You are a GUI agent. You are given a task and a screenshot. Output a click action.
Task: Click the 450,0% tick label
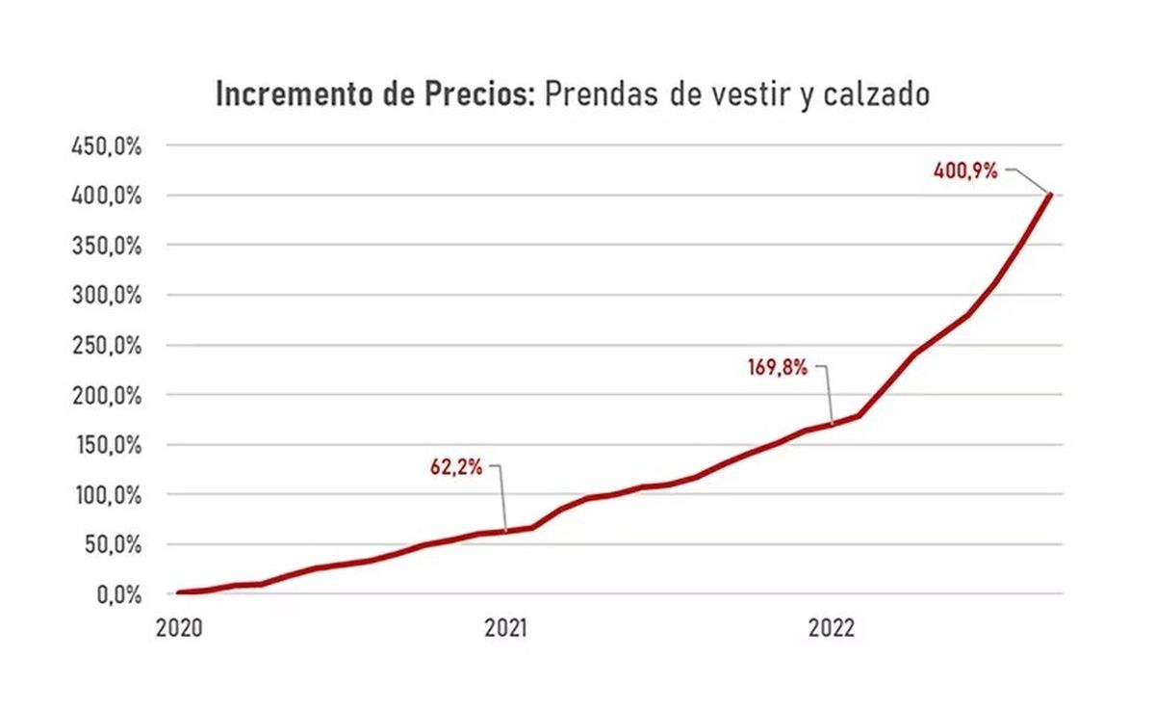click(106, 147)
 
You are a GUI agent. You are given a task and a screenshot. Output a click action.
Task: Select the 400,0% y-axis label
click(106, 197)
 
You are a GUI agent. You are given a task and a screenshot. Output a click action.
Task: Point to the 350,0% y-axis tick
click(106, 247)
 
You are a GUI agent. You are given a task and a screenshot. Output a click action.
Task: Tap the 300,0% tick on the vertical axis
click(106, 296)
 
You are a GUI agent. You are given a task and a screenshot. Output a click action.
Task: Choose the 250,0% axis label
click(106, 346)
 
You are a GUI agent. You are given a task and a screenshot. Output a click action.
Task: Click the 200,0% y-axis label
click(106, 396)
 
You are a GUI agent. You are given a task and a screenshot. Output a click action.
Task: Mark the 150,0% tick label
click(109, 445)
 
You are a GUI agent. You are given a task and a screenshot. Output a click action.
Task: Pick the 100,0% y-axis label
click(109, 495)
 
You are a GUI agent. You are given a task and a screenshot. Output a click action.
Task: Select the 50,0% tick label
click(113, 545)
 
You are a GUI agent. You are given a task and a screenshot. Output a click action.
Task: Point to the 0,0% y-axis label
click(119, 595)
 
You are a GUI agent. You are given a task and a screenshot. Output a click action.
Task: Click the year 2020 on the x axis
click(179, 628)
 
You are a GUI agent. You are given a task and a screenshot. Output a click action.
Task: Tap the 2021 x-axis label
click(506, 628)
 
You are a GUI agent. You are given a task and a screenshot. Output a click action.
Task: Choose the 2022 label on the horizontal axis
click(832, 628)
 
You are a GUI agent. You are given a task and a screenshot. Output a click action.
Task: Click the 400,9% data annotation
click(965, 171)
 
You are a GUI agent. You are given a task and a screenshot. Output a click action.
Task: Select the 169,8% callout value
click(778, 368)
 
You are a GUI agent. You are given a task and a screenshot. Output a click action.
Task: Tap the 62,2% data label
click(456, 467)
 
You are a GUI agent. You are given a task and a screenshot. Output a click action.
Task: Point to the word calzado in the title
click(877, 93)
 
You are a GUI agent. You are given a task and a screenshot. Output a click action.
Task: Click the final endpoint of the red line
click(1050, 195)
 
